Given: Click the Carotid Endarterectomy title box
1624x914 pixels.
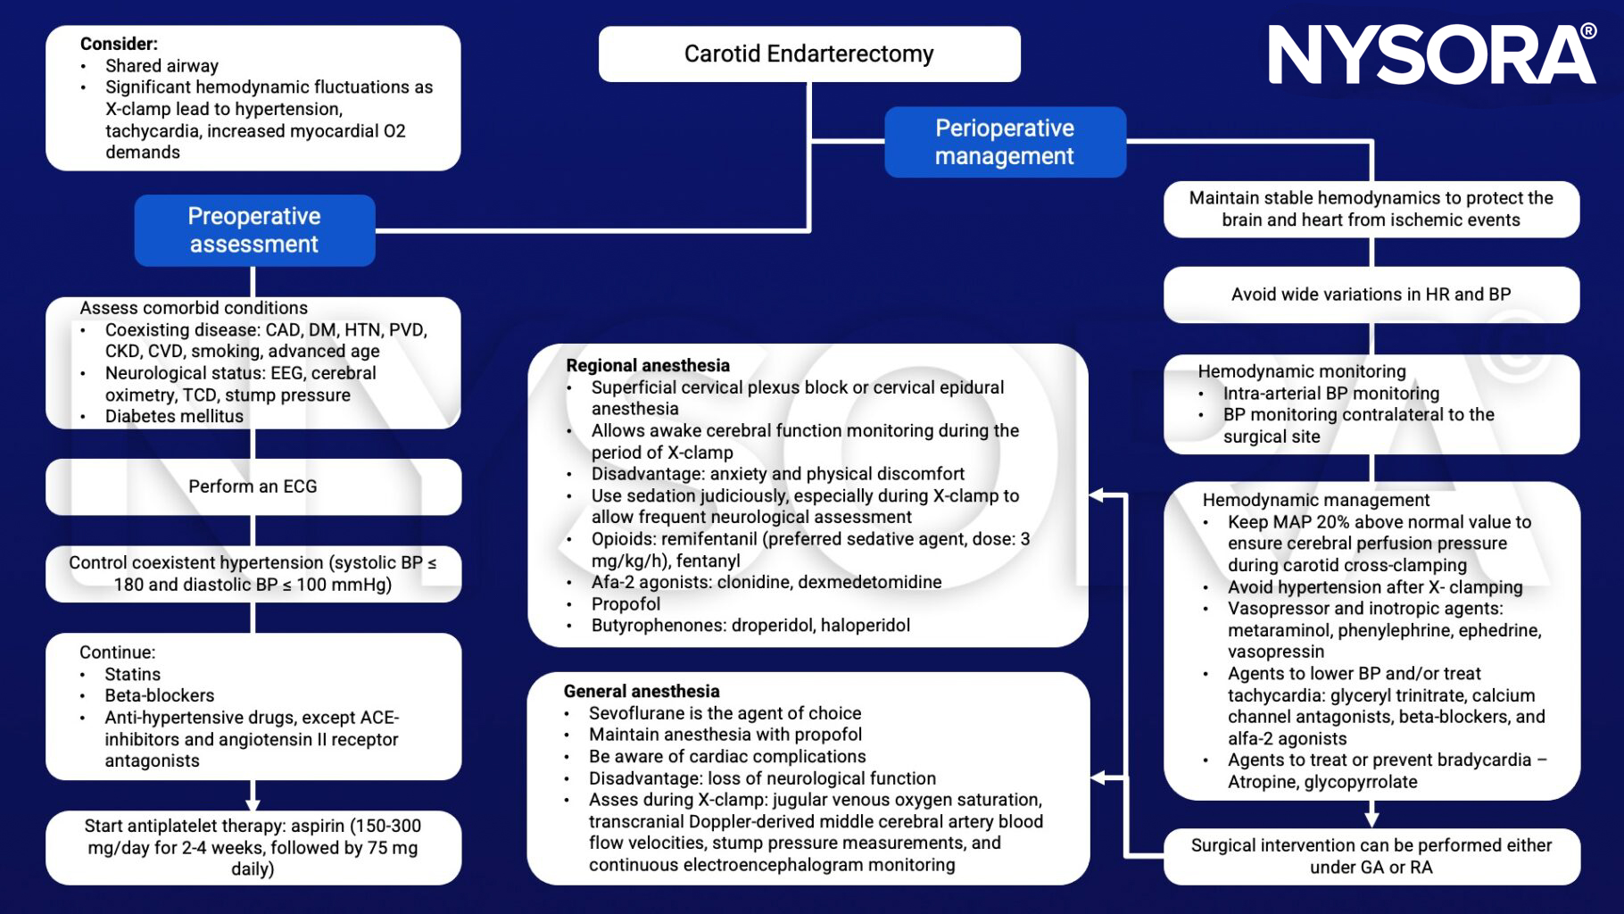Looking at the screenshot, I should coord(808,54).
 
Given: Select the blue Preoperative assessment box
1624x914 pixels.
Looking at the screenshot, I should coord(254,230).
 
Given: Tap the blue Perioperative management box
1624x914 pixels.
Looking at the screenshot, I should coord(1005,142).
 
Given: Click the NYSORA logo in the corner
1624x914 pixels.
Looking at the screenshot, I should coord(1431,54).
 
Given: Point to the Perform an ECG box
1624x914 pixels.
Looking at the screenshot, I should coord(253,486).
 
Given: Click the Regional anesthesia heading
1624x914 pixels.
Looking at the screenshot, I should coord(648,365).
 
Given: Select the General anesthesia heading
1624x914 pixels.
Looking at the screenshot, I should coord(642,691).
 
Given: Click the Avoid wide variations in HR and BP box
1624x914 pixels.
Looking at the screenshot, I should coord(1371,295).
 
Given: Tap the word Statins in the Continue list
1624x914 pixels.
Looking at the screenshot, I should coord(133,674).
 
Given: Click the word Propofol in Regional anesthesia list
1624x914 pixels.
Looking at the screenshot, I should coord(626,603).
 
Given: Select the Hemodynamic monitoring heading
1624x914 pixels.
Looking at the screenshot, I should coord(1301,371).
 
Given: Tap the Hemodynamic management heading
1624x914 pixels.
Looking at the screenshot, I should coord(1315,500).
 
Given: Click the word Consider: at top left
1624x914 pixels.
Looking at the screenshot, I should coord(119,44).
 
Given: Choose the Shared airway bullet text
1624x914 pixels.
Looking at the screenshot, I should coord(162,66).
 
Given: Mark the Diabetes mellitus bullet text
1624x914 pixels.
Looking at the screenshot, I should coord(174,416).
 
